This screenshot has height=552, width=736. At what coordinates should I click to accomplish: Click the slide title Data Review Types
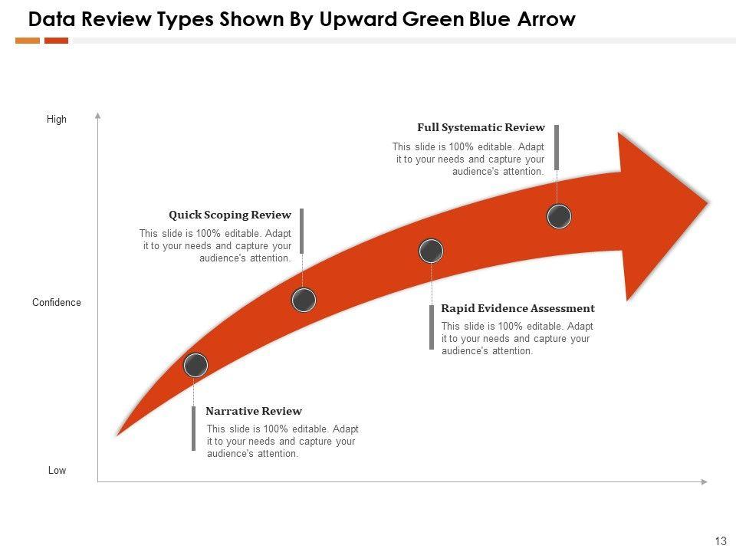[x=301, y=19]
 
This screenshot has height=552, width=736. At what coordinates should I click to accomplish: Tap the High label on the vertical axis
[x=57, y=120]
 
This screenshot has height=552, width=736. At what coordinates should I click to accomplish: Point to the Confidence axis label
[x=57, y=303]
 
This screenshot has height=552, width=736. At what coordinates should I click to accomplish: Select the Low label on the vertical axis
[x=58, y=471]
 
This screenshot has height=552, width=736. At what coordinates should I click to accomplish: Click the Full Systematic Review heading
[x=481, y=128]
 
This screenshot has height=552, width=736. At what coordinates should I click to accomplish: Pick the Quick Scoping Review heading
[x=230, y=215]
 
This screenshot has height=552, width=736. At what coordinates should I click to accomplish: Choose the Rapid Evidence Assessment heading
[x=517, y=308]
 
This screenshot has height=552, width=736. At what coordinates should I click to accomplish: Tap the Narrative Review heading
[x=254, y=411]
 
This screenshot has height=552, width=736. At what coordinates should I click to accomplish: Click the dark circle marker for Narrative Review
[x=195, y=366]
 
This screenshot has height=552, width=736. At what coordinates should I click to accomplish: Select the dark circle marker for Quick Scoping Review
[x=304, y=300]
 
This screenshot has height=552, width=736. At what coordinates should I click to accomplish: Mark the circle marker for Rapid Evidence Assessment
[x=432, y=251]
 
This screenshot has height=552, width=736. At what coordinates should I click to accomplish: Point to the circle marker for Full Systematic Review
[x=560, y=217]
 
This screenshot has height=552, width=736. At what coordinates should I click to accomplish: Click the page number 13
[x=720, y=541]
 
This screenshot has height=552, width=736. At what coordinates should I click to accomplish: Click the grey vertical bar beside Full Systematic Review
[x=557, y=147]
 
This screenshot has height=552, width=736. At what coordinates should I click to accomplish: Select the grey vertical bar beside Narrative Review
[x=193, y=429]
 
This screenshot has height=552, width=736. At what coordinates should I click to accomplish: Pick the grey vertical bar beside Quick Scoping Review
[x=302, y=231]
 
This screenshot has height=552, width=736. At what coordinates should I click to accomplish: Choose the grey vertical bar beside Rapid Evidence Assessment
[x=432, y=327]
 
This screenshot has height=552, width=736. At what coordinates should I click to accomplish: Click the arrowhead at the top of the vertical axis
[x=98, y=116]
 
